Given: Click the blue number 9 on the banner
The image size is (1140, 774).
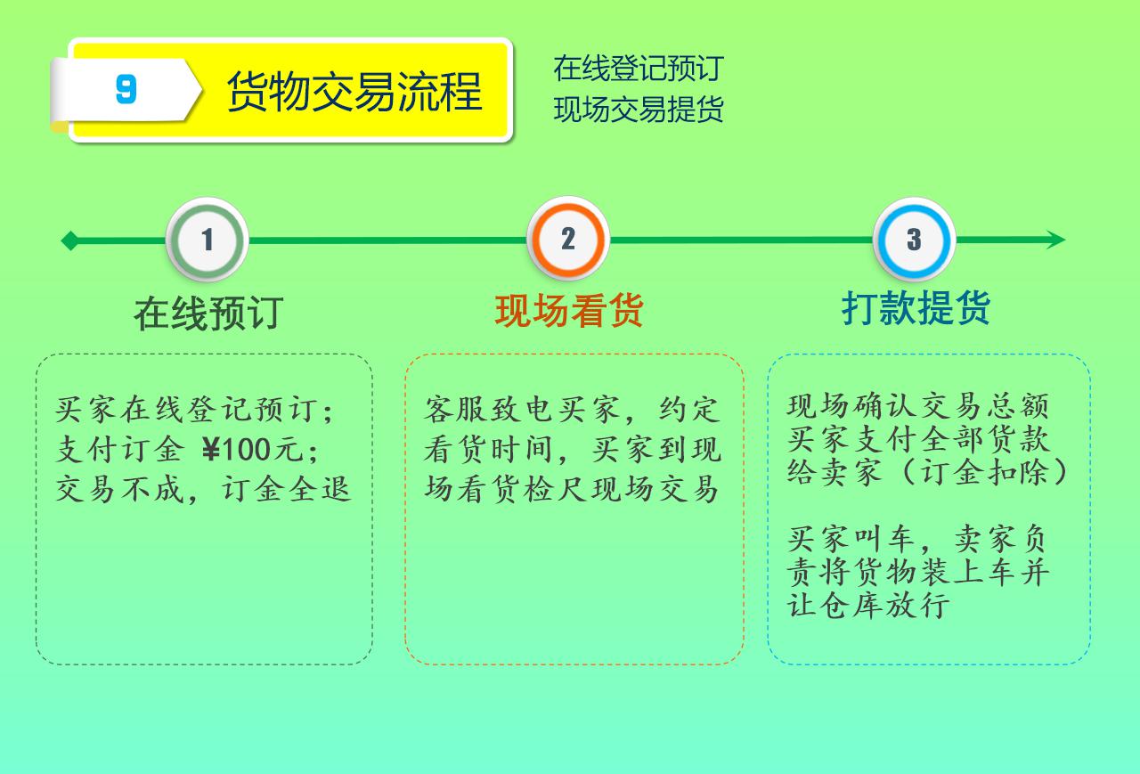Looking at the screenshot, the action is coord(126,89).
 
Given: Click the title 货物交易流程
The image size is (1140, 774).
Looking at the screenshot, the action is coord(354,91).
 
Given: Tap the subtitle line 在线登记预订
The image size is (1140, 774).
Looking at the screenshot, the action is coord(639,69).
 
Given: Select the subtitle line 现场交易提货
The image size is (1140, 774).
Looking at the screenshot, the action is coord(639,109).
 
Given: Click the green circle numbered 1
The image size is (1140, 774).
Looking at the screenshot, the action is coord(208,240).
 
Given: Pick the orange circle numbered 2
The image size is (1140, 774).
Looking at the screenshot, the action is coord(568,239).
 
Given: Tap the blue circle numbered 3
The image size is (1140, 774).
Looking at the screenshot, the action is coord(914,240).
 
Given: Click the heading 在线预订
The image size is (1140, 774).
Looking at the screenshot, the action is coord(208,314).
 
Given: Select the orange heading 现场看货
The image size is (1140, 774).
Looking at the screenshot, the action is coord(569,311).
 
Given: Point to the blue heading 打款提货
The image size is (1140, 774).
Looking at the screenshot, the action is coord(916,307).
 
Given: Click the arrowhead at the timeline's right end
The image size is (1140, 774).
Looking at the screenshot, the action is coord(1056,240).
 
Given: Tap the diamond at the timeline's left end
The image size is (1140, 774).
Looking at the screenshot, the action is coord(69,240).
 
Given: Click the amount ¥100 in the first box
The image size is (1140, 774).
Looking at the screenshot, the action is coord(236,450).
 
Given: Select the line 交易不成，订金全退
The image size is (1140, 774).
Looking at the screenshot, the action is coord(203,490).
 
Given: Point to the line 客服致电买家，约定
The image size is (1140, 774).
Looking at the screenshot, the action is coord(573,410).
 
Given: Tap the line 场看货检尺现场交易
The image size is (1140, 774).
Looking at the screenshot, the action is coord(572,490).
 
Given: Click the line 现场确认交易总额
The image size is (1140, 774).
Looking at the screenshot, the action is coord(918,406).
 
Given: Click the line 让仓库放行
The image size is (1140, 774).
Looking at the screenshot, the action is coord(868,605).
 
